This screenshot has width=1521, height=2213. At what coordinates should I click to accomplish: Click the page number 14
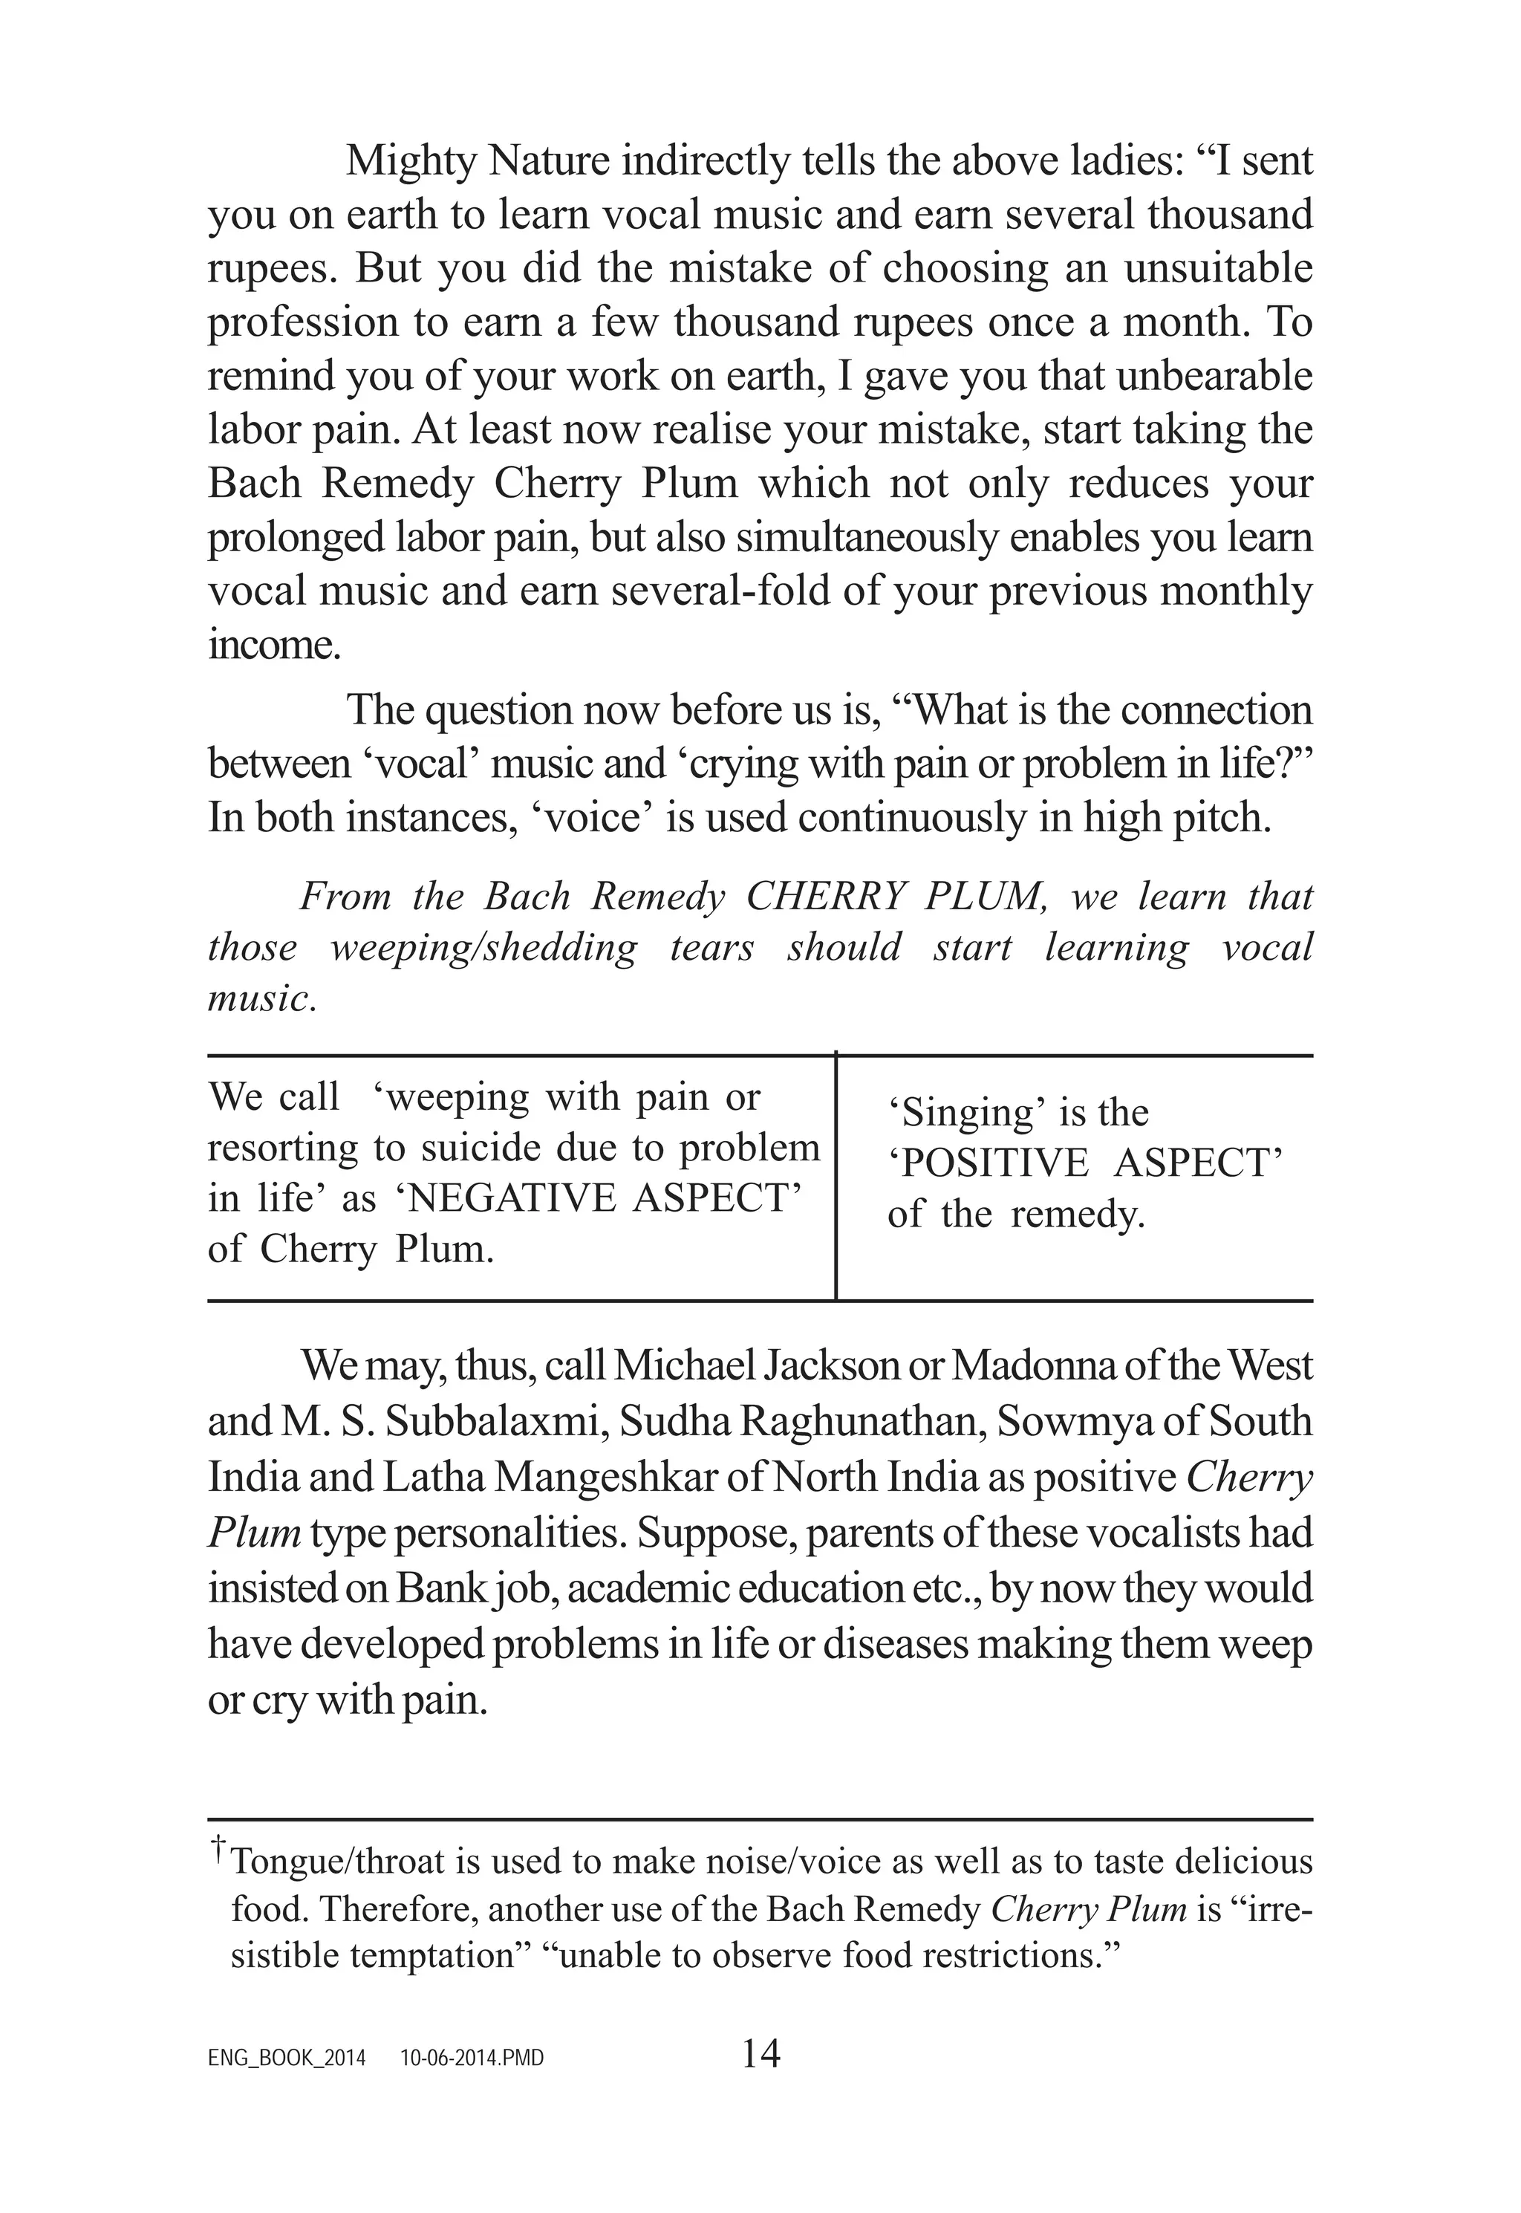coord(760,2053)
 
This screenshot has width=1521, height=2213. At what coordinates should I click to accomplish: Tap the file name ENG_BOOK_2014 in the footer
coord(287,2058)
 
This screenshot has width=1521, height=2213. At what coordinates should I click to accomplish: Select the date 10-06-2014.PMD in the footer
coord(472,2058)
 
